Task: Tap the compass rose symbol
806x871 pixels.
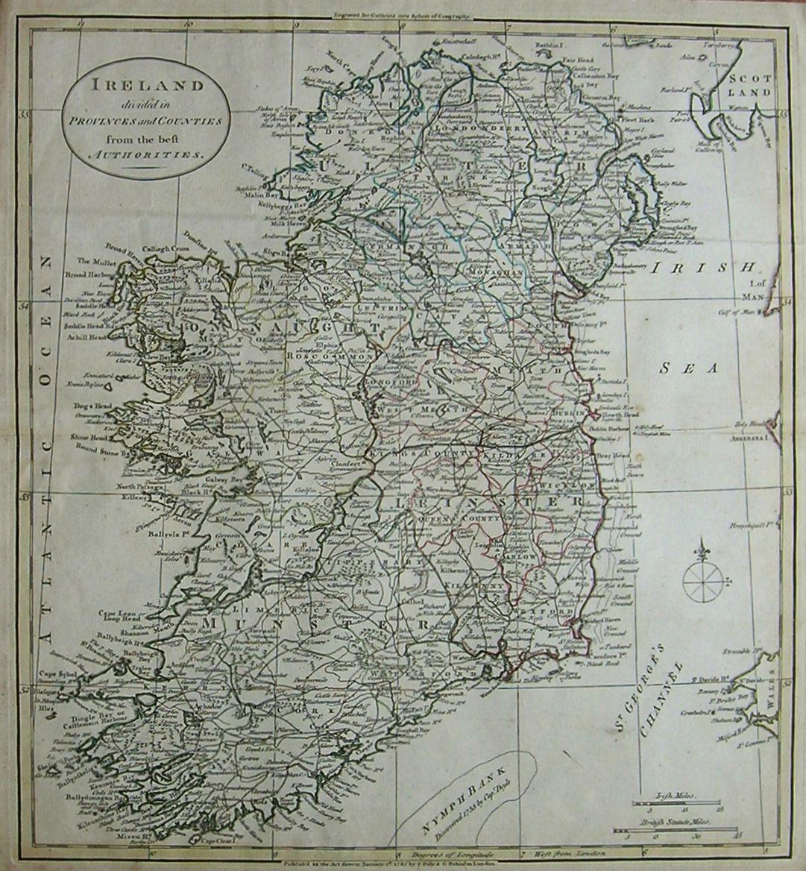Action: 702,579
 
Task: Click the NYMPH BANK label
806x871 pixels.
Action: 455,803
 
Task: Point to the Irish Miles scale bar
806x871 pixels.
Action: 676,803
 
